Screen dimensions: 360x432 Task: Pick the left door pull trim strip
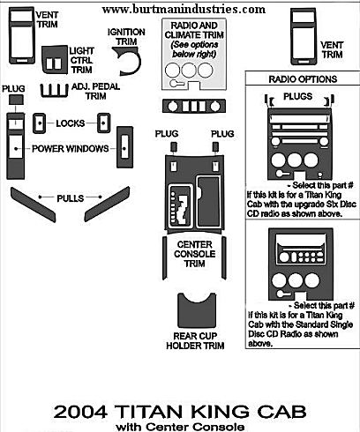pyautogui.click(x=33, y=205)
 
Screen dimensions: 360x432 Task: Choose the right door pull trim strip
pyautogui.click(x=107, y=204)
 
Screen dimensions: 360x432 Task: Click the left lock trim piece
pyautogui.click(x=39, y=123)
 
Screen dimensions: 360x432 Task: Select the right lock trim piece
pyautogui.click(x=104, y=123)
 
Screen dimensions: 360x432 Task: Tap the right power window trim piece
pyautogui.click(x=125, y=147)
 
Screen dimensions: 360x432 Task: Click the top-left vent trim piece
pyautogui.click(x=22, y=36)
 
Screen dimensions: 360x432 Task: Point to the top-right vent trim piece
pyautogui.click(x=304, y=36)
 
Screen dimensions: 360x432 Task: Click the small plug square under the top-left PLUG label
pyautogui.click(x=16, y=100)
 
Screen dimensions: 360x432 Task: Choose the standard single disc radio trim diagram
pyautogui.click(x=301, y=264)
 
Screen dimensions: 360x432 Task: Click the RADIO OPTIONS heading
pyautogui.click(x=303, y=79)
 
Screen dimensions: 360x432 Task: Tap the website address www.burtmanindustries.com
pyautogui.click(x=184, y=9)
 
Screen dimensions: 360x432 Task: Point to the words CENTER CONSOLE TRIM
pyautogui.click(x=195, y=254)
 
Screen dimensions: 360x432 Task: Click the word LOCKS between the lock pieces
pyautogui.click(x=71, y=123)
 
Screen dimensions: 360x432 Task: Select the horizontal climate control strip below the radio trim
pyautogui.click(x=194, y=106)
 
